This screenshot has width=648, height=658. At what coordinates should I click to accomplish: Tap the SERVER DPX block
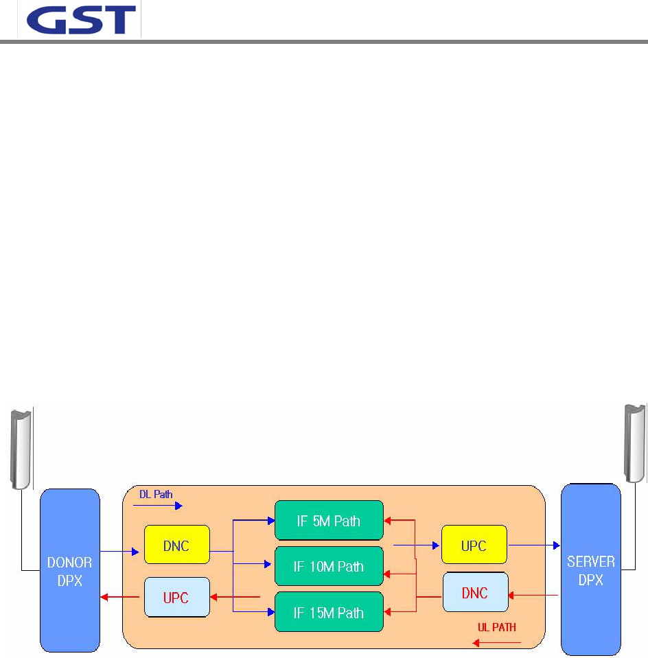(x=590, y=570)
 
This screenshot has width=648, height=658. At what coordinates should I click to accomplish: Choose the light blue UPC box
(x=176, y=596)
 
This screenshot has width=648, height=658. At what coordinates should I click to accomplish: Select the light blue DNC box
(x=474, y=592)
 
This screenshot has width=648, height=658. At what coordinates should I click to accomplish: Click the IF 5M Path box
(x=329, y=521)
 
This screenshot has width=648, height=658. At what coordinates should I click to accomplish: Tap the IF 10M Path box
(x=329, y=567)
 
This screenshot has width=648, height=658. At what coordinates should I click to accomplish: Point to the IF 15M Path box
(x=329, y=612)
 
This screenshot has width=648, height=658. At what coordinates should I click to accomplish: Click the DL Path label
(x=156, y=494)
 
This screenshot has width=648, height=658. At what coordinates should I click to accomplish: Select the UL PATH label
(x=497, y=627)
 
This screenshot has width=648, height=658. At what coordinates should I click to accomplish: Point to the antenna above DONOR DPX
(x=21, y=446)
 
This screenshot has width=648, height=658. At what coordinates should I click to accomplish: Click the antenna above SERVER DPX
(x=634, y=443)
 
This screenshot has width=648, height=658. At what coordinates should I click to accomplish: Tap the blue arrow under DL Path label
(x=158, y=506)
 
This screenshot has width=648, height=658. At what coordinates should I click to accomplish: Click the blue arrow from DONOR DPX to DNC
(x=121, y=551)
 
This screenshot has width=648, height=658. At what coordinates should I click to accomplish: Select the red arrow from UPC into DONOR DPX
(x=121, y=597)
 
